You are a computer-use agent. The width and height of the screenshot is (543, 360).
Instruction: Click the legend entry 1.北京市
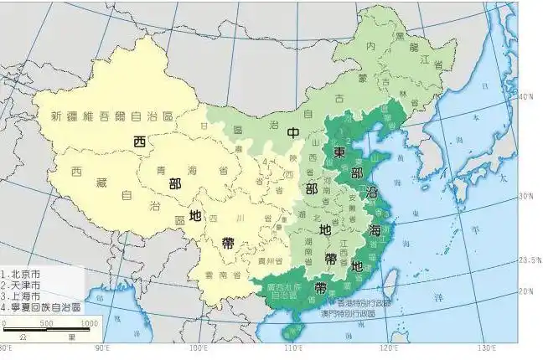(x=25, y=274)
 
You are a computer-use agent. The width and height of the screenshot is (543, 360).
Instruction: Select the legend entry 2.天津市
(x=25, y=285)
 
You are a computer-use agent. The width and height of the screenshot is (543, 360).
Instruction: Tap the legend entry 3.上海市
(x=25, y=296)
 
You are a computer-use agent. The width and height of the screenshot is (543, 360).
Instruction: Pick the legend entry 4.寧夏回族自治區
(x=41, y=307)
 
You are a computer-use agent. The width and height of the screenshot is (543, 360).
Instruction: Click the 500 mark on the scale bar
(x=44, y=322)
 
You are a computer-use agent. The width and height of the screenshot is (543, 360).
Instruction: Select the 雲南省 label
(x=217, y=275)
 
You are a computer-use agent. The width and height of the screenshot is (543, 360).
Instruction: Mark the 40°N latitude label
(x=526, y=98)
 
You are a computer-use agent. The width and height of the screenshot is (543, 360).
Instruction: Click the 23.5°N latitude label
(x=529, y=261)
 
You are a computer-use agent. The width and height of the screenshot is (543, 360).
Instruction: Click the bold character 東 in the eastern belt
(x=339, y=152)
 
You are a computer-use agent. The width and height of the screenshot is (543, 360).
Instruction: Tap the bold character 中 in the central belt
(x=293, y=134)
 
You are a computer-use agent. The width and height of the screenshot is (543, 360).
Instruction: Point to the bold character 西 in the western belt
(x=140, y=141)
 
